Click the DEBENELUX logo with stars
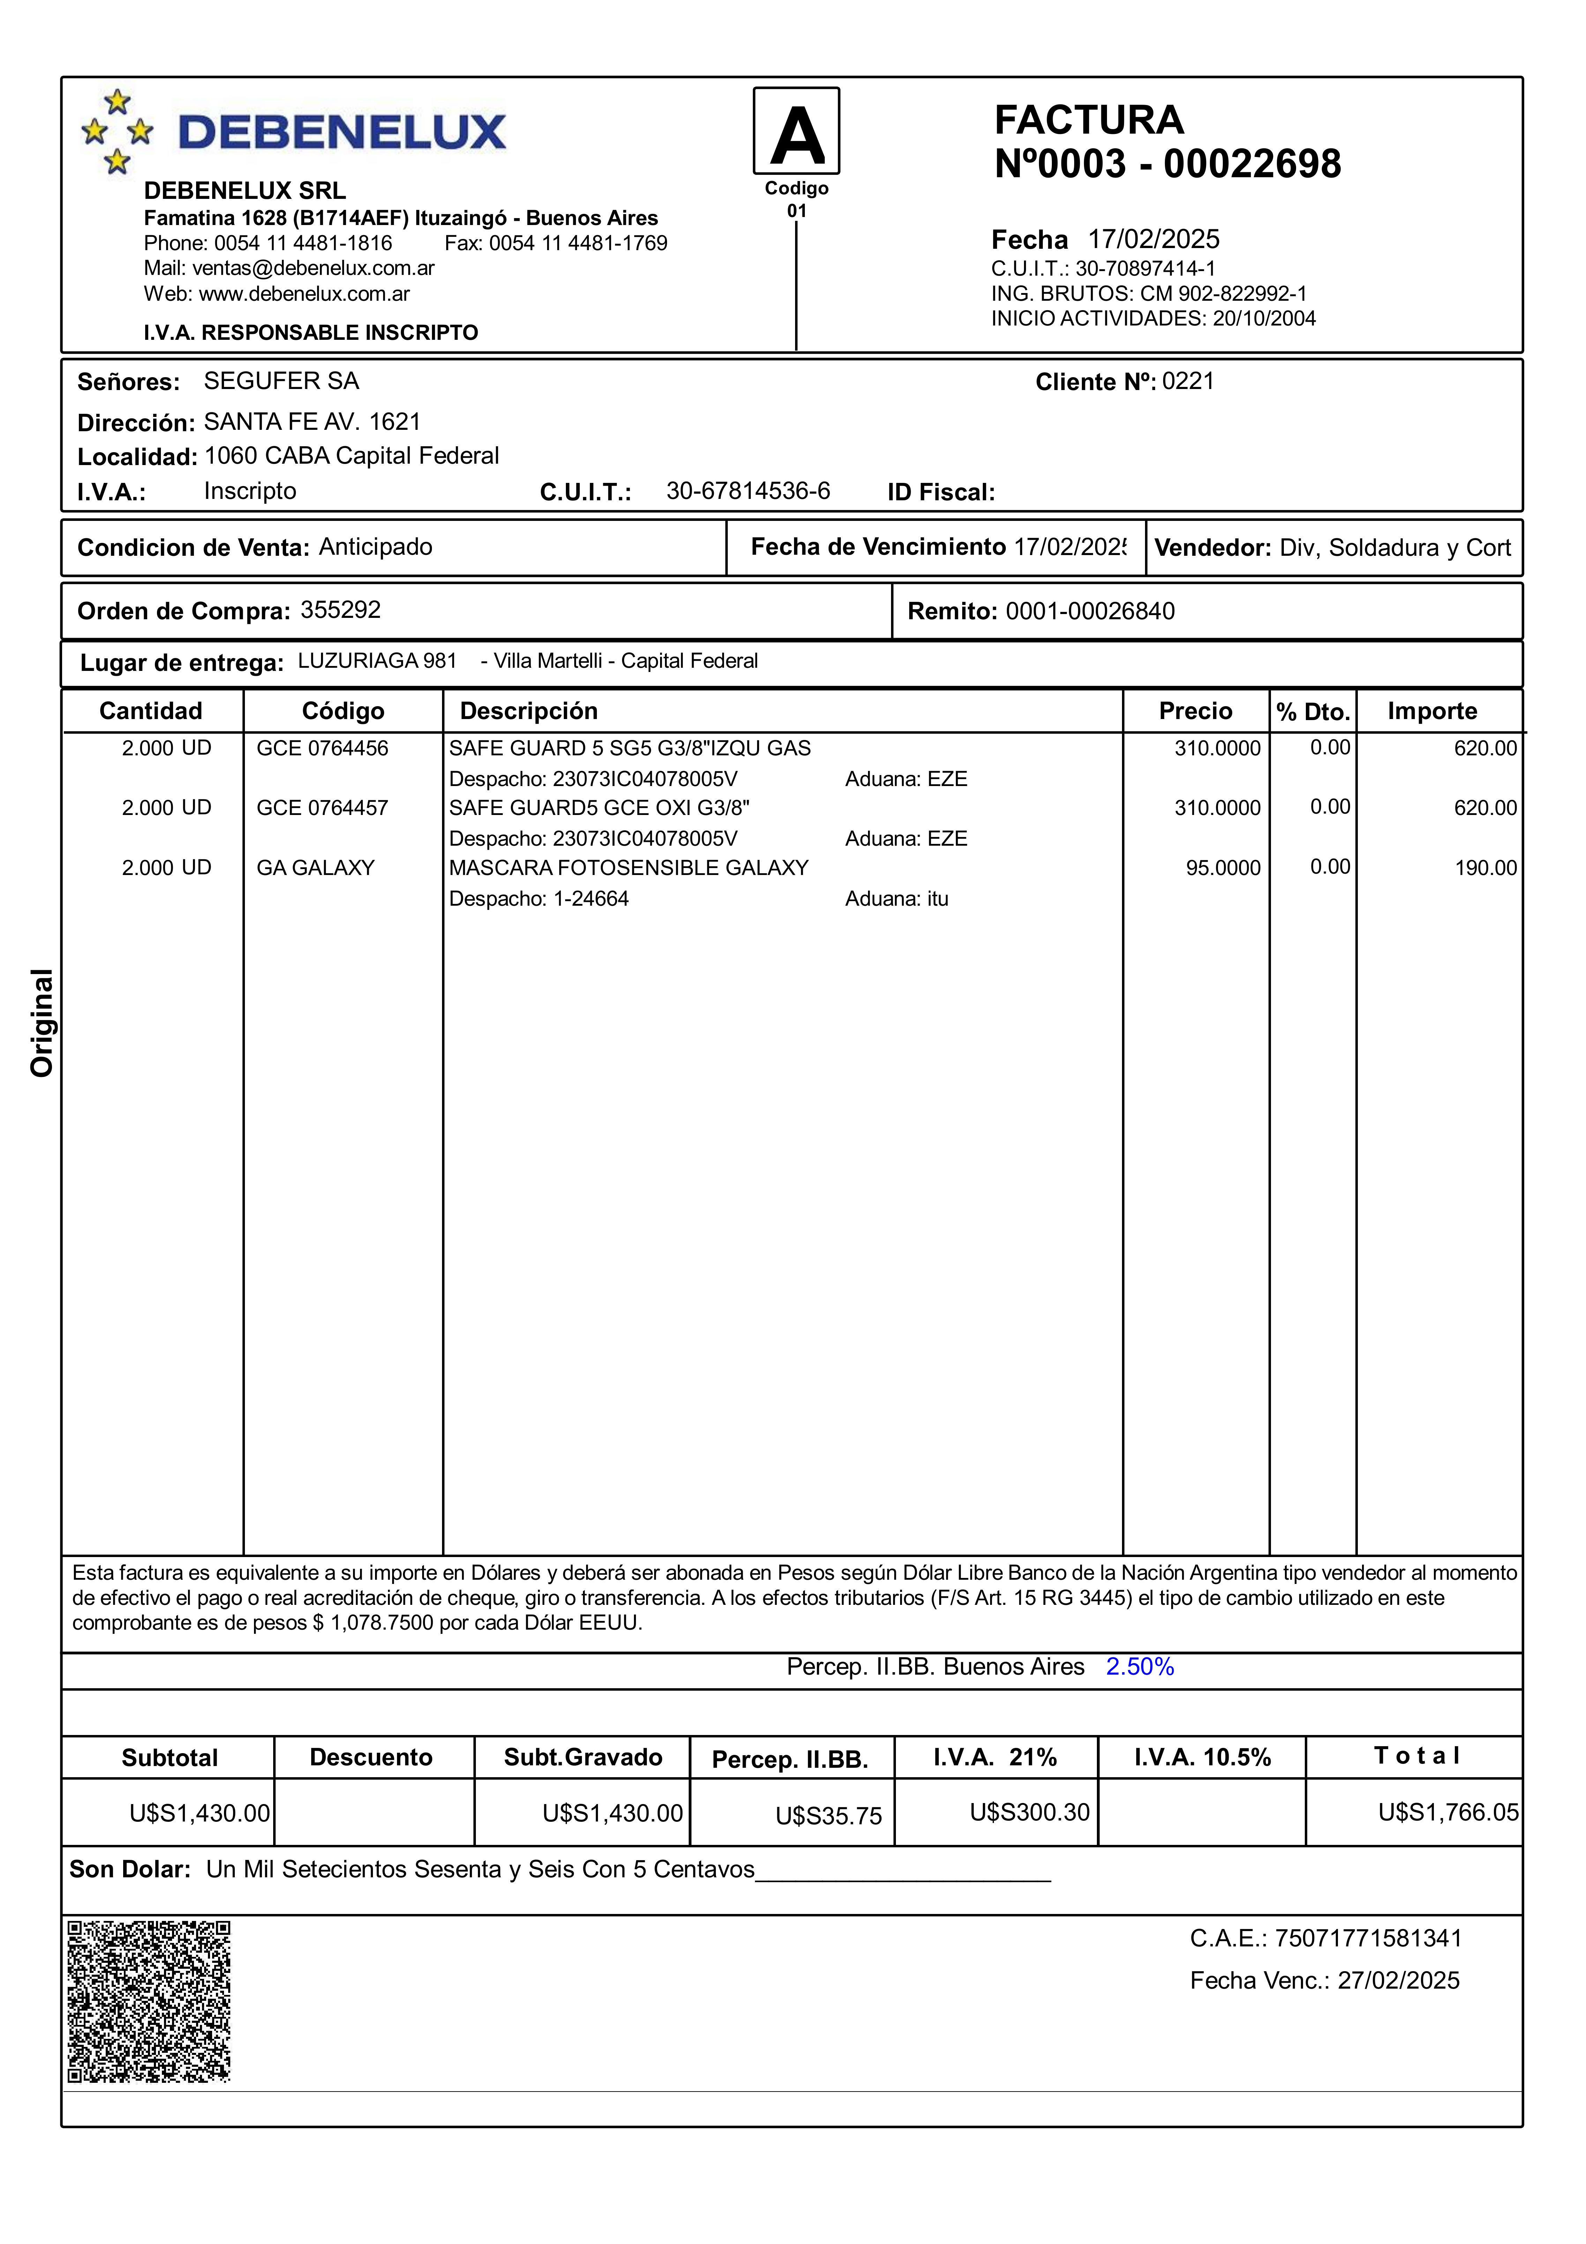(293, 132)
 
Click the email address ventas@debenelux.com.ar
(313, 268)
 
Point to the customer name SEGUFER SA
(282, 381)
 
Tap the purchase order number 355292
(340, 610)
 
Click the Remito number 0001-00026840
(1090, 611)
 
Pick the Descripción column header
(529, 711)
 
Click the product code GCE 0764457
(322, 807)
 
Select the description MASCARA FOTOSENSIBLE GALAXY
(628, 868)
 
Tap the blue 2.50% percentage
(1139, 1666)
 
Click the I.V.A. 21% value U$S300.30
(1029, 1812)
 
